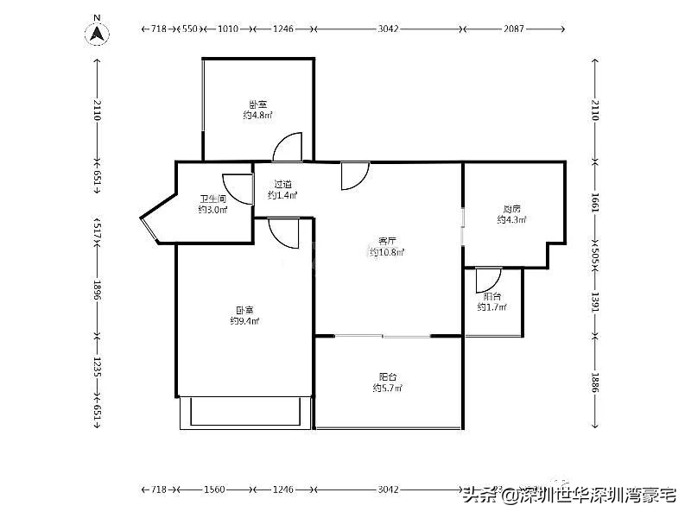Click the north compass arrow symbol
(x=98, y=34)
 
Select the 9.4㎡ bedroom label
(x=244, y=315)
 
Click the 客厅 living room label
(x=387, y=247)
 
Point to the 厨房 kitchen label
(x=511, y=214)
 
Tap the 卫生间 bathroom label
(x=212, y=204)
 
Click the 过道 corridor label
(x=282, y=189)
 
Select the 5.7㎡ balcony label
(x=387, y=382)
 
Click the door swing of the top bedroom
(x=289, y=148)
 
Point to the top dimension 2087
(x=516, y=29)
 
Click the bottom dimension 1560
(x=214, y=490)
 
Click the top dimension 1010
(x=227, y=29)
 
